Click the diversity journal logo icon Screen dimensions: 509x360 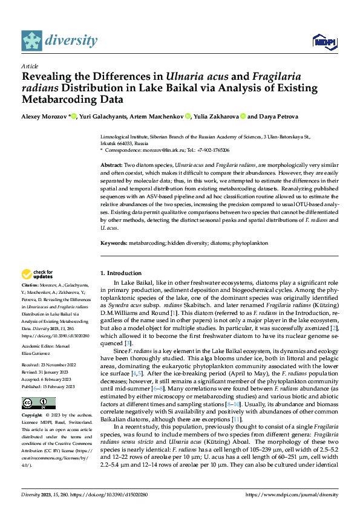(x=32, y=41)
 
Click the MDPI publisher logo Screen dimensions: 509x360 (x=324, y=41)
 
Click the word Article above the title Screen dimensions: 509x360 (x=30, y=65)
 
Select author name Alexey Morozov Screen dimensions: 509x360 (x=44, y=116)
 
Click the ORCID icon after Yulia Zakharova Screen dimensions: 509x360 (x=243, y=116)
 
